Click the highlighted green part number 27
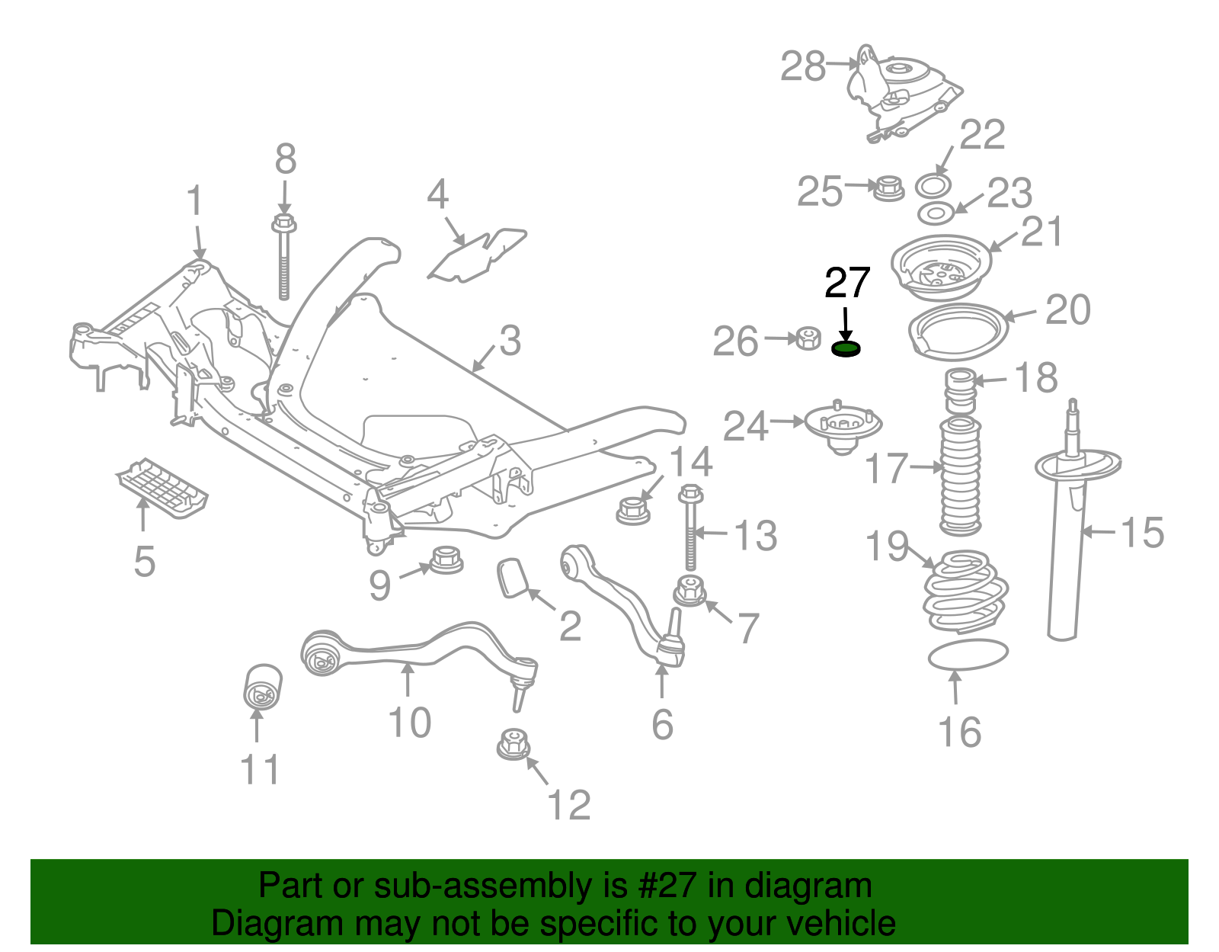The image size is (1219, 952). coord(845,349)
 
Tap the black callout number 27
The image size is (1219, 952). coord(847,284)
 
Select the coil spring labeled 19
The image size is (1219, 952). coord(965,591)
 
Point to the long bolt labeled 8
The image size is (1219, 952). coord(283,259)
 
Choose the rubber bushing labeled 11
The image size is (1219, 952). coord(262,685)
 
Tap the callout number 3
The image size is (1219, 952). coord(510,341)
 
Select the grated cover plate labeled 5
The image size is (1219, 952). coord(162,488)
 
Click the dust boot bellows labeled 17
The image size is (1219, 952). coord(959,476)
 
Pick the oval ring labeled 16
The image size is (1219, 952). coord(968,655)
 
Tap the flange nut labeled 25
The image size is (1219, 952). coord(888,188)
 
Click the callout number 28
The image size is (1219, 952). coord(803,67)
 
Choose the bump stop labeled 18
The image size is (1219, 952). coord(960,391)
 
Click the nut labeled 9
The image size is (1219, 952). coord(447,560)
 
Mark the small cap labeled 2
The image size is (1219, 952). coord(513,577)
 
